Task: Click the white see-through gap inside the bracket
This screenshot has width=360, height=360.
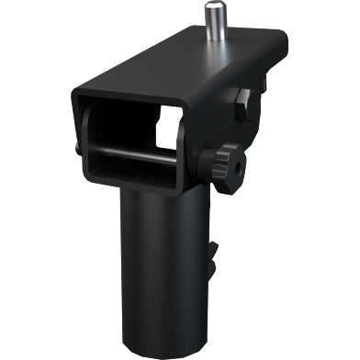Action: pyautogui.click(x=167, y=128)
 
